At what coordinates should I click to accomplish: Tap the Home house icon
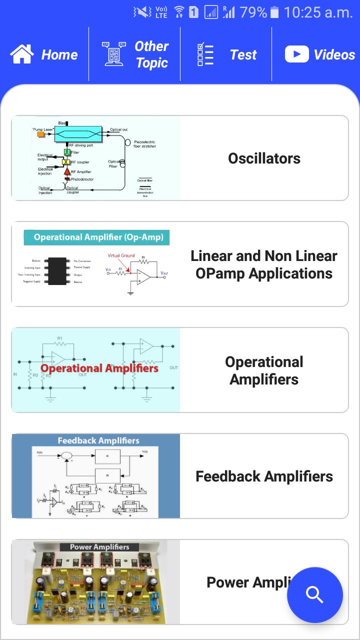click(x=22, y=54)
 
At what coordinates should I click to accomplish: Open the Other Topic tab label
click(x=151, y=54)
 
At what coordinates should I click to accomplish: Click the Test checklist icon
click(x=205, y=54)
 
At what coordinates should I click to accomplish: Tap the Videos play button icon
click(x=296, y=54)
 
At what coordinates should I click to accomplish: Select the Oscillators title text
click(x=264, y=158)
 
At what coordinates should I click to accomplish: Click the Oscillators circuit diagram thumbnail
click(x=95, y=158)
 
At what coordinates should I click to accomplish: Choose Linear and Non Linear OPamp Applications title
click(x=264, y=264)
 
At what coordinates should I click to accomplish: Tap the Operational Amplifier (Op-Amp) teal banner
click(x=97, y=237)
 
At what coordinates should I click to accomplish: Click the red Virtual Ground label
click(x=121, y=255)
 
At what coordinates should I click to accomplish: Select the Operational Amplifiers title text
click(x=264, y=370)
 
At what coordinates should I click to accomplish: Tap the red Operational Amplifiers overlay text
click(x=99, y=368)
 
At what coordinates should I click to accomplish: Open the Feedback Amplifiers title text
click(x=264, y=476)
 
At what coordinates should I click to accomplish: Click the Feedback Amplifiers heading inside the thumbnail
click(x=98, y=440)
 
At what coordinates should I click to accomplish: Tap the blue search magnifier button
click(x=315, y=595)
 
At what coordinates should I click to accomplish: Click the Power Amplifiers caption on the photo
click(x=99, y=547)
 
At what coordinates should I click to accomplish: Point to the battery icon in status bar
click(x=274, y=12)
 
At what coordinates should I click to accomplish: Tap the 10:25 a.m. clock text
click(x=318, y=12)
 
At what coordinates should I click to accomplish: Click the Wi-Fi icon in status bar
click(x=179, y=12)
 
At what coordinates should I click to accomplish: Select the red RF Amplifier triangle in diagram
click(x=67, y=171)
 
